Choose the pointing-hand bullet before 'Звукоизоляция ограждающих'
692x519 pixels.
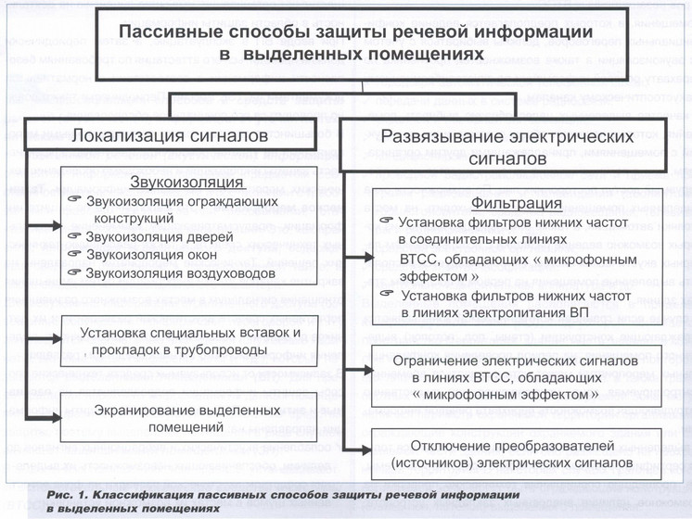(76, 200)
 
